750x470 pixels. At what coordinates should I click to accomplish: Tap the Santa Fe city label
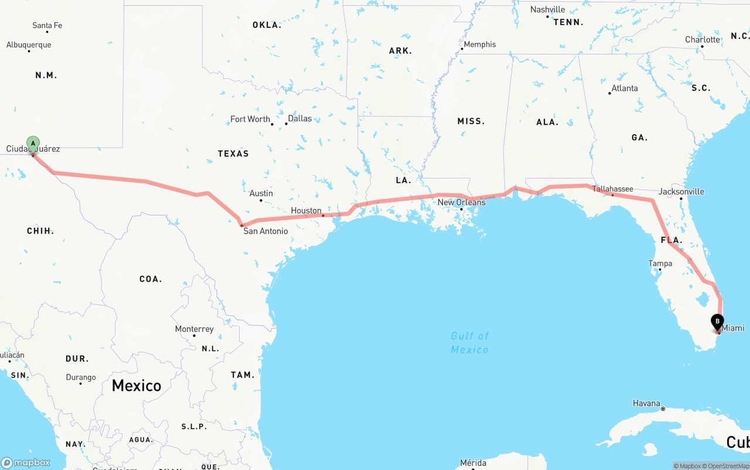coord(47,25)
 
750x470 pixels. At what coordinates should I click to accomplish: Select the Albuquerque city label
coord(29,44)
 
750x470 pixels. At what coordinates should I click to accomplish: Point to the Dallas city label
coord(300,118)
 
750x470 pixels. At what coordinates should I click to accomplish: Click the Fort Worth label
coord(250,119)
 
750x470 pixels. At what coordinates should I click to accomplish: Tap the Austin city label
coord(261,193)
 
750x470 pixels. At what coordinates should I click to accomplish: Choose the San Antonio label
coord(266,231)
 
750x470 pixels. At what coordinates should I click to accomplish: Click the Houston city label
coord(306,211)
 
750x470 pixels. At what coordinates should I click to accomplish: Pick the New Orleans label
coord(462,203)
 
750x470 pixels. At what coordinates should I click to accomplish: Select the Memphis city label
coord(479,44)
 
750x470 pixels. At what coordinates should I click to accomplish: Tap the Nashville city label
coord(548,9)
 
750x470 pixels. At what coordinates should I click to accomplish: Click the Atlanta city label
coord(625,88)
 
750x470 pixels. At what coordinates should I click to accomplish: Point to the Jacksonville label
coord(681,191)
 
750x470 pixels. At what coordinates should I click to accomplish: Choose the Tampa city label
coord(660,263)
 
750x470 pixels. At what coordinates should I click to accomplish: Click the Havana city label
coord(646,403)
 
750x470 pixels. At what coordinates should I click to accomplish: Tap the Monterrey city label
coord(195,329)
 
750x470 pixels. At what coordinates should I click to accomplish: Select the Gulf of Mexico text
coord(470,342)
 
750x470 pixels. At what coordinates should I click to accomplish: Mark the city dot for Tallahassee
coord(612,194)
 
